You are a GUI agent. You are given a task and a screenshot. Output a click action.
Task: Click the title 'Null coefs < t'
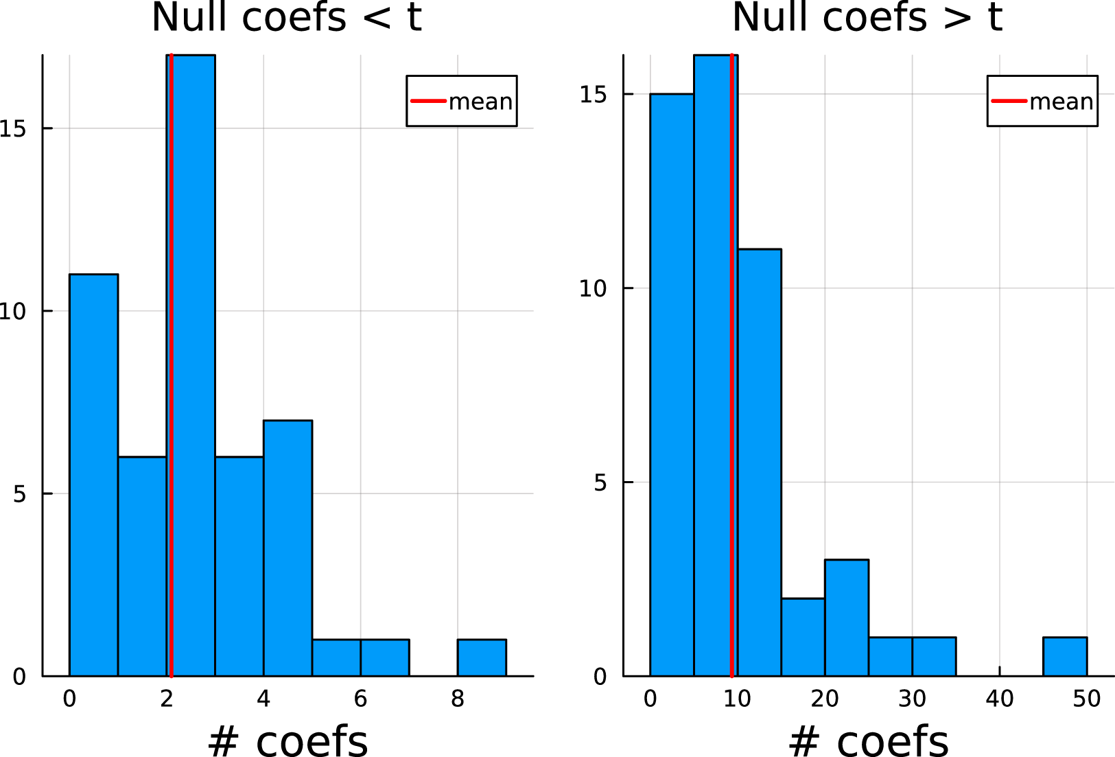287,17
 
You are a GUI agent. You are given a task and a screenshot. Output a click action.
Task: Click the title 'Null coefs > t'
867,17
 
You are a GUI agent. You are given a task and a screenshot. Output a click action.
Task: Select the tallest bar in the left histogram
191,366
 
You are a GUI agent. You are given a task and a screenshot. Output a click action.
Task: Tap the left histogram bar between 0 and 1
93,475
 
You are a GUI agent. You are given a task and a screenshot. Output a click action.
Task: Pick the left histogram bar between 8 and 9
482,658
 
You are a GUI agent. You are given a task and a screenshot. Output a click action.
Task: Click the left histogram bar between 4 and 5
288,548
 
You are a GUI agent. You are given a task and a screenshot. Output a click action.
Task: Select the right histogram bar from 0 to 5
672,385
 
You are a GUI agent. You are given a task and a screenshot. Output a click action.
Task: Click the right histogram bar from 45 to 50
1065,657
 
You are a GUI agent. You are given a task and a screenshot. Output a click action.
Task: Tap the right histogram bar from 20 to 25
847,618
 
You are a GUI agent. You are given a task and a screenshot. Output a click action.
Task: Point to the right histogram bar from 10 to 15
760,463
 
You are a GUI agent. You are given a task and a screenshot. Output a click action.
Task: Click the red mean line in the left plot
172,366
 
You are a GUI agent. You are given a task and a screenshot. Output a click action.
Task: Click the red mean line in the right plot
731,366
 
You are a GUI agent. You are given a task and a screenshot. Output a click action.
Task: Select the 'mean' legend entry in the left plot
461,101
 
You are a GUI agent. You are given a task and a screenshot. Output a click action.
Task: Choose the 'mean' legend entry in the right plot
1042,101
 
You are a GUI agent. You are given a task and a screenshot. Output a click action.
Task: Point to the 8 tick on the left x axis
458,699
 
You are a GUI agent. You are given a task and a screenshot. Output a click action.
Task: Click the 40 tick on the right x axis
1000,699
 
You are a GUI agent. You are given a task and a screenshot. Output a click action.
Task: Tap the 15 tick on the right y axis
593,94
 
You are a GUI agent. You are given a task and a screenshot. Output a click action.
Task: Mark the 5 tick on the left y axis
19,494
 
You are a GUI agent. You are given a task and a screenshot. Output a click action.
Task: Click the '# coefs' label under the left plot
287,741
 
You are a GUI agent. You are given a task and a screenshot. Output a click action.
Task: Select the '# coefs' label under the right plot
869,741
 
